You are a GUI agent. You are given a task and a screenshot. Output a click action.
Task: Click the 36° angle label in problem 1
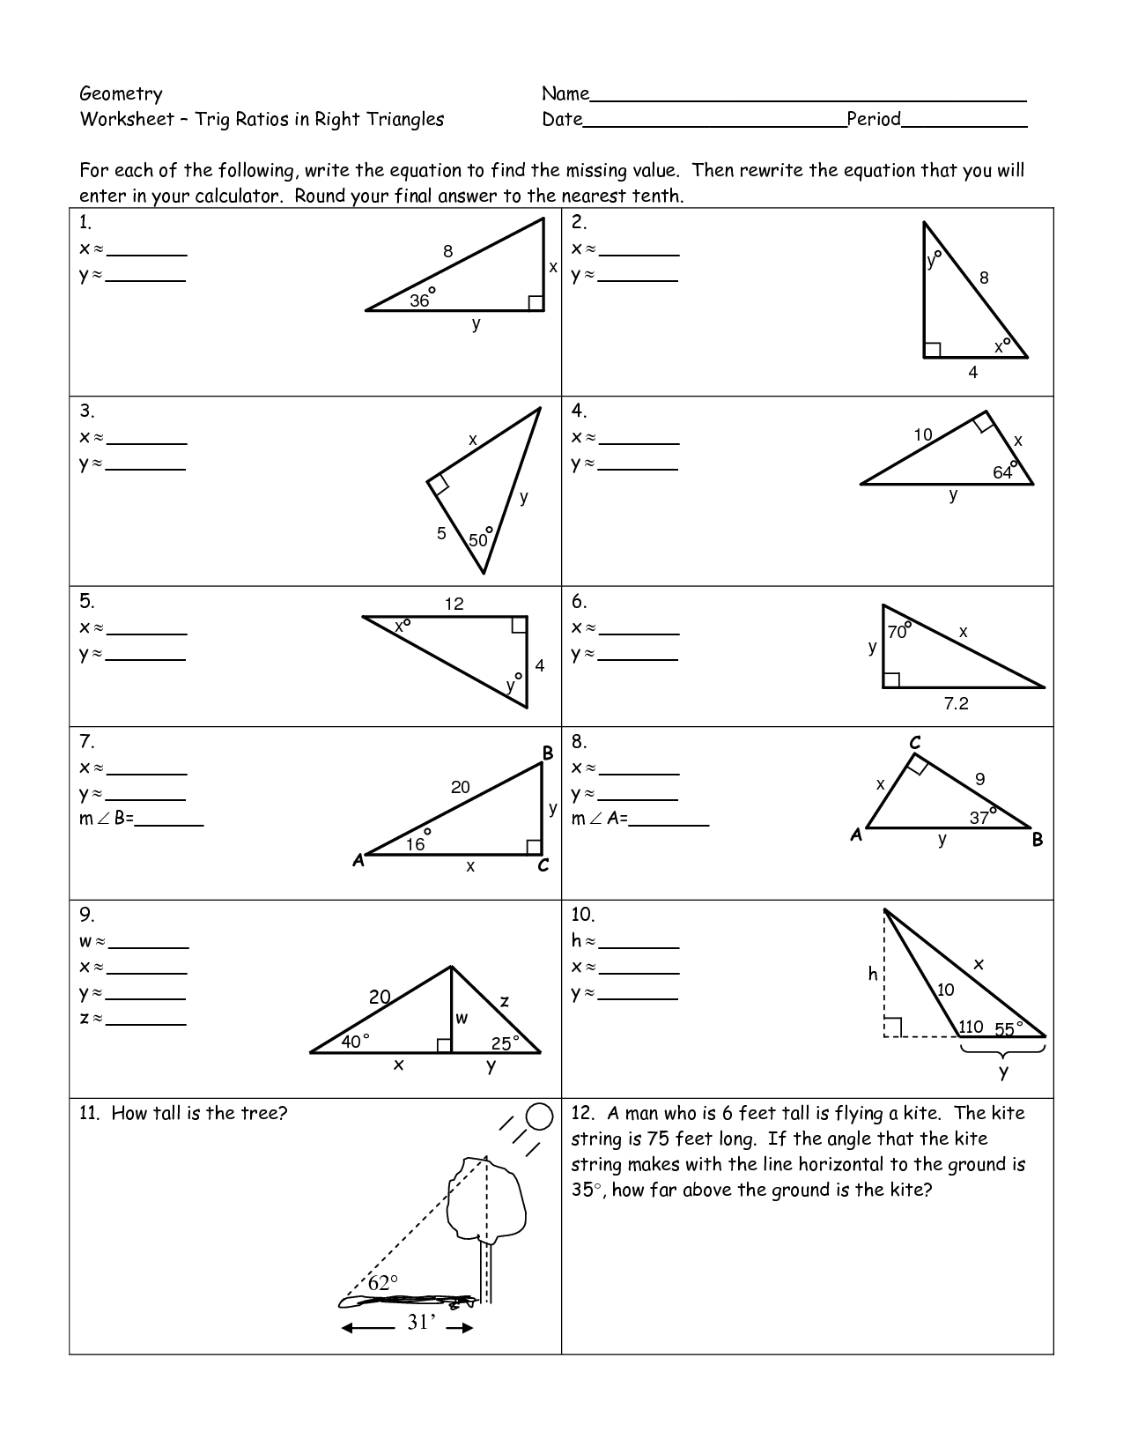(x=421, y=300)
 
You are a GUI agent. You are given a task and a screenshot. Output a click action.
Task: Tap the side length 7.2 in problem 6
(x=956, y=703)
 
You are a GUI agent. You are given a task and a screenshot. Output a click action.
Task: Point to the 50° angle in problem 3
(x=479, y=539)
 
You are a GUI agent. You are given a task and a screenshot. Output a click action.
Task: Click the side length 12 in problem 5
(x=454, y=604)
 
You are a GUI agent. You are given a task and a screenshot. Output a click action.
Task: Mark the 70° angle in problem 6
(x=898, y=631)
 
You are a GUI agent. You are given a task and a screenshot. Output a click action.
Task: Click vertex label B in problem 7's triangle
(x=547, y=753)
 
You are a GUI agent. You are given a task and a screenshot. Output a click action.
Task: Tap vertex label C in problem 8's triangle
(x=915, y=744)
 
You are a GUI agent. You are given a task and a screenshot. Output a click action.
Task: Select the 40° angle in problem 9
(x=354, y=1041)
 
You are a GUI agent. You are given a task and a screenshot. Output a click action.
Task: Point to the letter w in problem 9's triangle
(x=462, y=1019)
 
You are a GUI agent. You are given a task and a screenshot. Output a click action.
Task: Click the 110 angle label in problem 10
(x=971, y=1027)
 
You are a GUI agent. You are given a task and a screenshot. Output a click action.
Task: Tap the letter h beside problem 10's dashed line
(x=873, y=973)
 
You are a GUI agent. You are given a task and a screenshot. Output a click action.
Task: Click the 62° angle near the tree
(x=382, y=1283)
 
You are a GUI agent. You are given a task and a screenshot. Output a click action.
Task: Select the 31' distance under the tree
(x=421, y=1322)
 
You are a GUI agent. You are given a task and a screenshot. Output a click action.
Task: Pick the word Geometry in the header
(x=121, y=93)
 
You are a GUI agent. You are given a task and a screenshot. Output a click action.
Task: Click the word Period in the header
(x=873, y=119)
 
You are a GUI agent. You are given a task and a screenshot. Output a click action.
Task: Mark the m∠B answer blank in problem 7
(x=169, y=823)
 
